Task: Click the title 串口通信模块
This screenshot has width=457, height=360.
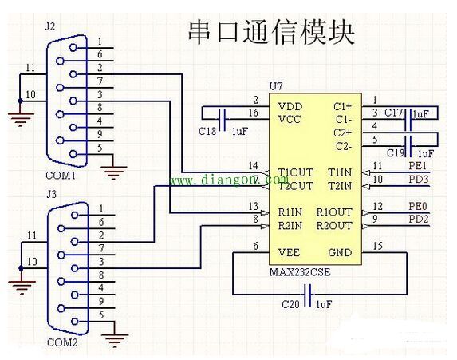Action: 271,32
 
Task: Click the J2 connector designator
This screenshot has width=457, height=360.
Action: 49,26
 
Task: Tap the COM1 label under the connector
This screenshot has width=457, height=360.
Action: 61,176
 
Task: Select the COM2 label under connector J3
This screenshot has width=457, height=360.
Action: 62,342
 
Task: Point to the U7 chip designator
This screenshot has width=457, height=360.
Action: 276,86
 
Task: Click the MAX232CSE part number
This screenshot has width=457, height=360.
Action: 300,272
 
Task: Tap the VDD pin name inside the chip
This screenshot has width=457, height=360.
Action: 290,106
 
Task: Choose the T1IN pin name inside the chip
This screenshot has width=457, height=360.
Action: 340,172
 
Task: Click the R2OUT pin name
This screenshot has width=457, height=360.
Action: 334,226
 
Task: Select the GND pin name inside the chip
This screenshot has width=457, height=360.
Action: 340,252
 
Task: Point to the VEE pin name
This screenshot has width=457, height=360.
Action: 289,252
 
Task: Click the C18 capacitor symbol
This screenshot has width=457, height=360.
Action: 224,119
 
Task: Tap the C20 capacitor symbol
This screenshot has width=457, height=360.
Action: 308,295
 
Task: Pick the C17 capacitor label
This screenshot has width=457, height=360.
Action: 393,113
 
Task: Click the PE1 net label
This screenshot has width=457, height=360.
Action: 417,166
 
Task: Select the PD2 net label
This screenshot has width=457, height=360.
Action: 418,219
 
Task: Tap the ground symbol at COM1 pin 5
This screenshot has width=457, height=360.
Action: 113,172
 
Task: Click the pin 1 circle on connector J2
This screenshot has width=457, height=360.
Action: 73,48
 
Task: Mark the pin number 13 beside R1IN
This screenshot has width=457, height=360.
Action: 254,207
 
